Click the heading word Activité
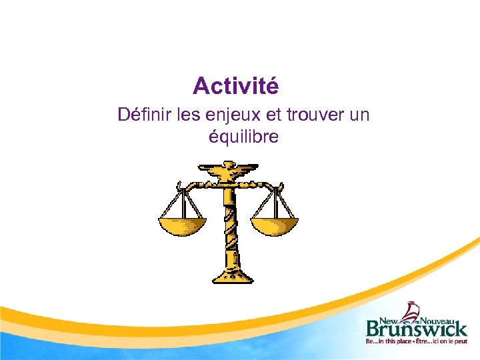click(x=235, y=86)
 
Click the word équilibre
click(x=243, y=137)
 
